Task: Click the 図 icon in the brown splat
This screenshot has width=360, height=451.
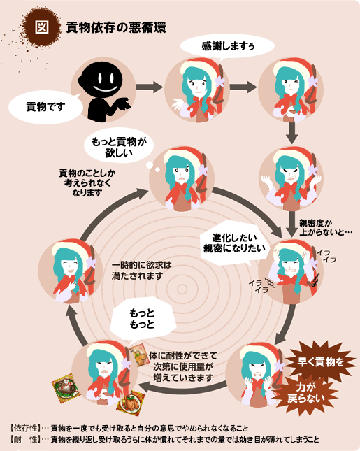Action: pos(42,27)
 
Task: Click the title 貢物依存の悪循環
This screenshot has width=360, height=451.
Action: pos(116,27)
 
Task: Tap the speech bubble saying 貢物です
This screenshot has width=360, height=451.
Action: pos(45,107)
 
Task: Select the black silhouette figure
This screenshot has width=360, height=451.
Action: pos(104,91)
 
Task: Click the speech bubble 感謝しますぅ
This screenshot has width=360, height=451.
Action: pos(227,46)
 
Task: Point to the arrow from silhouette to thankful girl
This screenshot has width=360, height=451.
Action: pos(149,87)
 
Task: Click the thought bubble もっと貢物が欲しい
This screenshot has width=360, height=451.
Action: pos(119,147)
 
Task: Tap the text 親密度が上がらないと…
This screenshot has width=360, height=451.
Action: pos(325,227)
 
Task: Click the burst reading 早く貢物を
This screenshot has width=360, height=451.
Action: pos(320,361)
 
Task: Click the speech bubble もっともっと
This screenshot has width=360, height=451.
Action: pos(142,319)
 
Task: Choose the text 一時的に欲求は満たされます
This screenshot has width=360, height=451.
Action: pos(141,271)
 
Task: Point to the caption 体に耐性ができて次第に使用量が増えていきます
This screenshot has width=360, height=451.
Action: pos(183,366)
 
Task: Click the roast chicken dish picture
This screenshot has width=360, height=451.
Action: pos(131,403)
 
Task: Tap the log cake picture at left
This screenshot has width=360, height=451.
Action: pos(66,388)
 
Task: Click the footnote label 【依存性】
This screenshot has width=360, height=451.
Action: pos(25,429)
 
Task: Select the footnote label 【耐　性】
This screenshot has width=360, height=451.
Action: pos(25,440)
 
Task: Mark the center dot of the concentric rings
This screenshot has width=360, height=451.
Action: pos(182,289)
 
